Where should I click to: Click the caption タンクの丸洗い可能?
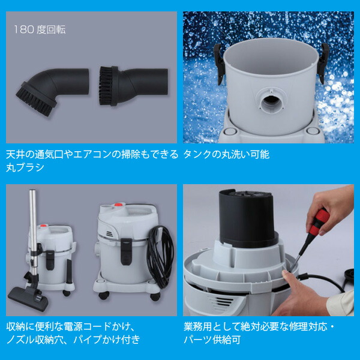(226, 154)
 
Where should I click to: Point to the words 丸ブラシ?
(25, 167)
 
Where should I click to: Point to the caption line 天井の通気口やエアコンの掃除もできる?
(92, 154)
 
